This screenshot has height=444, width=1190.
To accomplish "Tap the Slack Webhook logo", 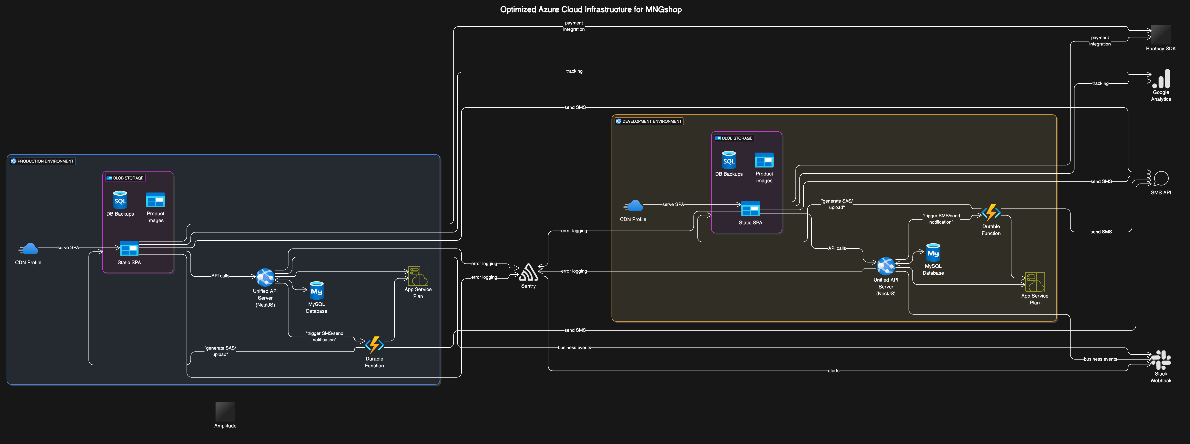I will [x=1160, y=360].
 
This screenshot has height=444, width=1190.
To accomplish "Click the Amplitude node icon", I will [x=225, y=411].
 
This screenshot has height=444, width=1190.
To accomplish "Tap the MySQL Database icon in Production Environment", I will [x=316, y=291].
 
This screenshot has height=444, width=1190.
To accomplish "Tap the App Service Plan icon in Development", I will [x=1034, y=282].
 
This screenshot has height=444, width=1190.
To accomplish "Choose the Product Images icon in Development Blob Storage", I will [x=764, y=161].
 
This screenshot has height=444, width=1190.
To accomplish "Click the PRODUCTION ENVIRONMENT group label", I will [x=43, y=161].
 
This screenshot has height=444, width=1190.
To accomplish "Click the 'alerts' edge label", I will [x=833, y=371].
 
